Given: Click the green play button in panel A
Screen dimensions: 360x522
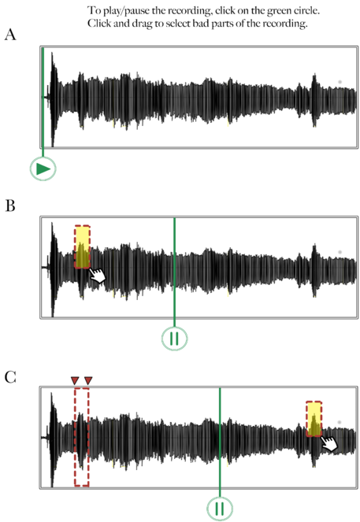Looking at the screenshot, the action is coord(43,168).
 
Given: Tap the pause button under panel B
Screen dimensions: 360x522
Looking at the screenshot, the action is coord(175,339).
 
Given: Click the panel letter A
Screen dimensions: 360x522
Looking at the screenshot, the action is coord(10,35).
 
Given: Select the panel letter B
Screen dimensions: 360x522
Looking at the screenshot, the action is coord(10,205).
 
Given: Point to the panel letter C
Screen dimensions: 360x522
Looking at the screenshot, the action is coord(10,377).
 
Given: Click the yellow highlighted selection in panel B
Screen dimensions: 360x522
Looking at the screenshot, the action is coord(82,246).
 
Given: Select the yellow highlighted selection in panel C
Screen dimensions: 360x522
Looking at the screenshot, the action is coord(314,419).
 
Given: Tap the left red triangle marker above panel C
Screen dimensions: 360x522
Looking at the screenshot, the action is coord(75,380).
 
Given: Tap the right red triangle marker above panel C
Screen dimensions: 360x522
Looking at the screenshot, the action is coord(88,380).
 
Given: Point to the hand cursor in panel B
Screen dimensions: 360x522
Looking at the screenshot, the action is coord(97,275).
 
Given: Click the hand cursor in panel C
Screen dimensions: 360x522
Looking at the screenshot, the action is coord(329,443).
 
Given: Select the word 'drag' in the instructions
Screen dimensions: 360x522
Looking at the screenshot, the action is coord(143,24).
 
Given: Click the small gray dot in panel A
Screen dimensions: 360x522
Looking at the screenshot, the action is coord(340,82).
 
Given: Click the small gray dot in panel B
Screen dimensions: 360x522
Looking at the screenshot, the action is coord(340,253).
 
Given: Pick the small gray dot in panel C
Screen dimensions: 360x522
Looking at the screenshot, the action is coord(340,423).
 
